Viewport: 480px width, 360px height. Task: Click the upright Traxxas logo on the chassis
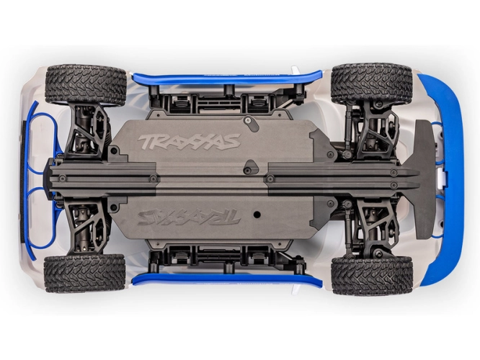coord(189,142)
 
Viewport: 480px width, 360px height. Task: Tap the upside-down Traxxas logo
coord(189,217)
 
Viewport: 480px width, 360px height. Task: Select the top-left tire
coord(86,84)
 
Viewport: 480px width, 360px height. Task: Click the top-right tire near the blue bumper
coord(372,84)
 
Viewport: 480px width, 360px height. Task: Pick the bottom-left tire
coord(85,274)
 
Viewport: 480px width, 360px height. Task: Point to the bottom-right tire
coord(372,275)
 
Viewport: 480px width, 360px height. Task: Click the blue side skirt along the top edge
coord(227,78)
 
